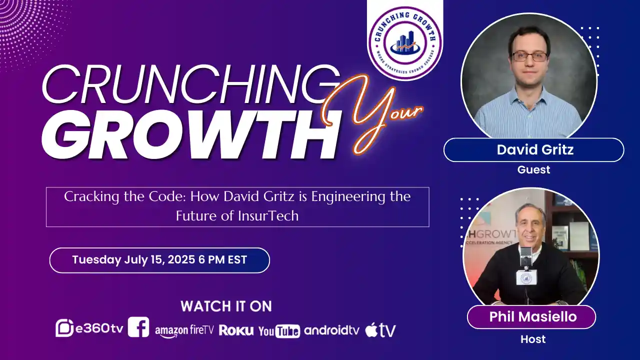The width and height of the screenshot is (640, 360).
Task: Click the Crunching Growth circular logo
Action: [x=405, y=43]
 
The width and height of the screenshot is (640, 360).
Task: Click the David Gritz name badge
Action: [x=533, y=149]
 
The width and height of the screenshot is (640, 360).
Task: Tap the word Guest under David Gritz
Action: [x=533, y=170]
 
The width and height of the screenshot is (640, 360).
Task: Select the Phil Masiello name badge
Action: [x=531, y=316]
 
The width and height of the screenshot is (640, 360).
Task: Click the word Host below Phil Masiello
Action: [x=533, y=339]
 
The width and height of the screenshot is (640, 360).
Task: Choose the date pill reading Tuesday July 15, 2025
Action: [x=159, y=260]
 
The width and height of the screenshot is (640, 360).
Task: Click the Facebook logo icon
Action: [x=138, y=327]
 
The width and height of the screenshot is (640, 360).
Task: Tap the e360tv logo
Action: [x=89, y=328]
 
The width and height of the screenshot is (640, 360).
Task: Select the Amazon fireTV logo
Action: [x=184, y=330]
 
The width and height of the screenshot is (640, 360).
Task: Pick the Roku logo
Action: [x=236, y=330]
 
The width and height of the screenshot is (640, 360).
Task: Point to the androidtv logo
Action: [x=331, y=330]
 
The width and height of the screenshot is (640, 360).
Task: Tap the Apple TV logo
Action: [x=380, y=330]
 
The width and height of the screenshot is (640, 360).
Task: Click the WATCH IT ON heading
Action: [x=226, y=306]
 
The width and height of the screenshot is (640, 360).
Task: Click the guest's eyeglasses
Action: [x=529, y=56]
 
